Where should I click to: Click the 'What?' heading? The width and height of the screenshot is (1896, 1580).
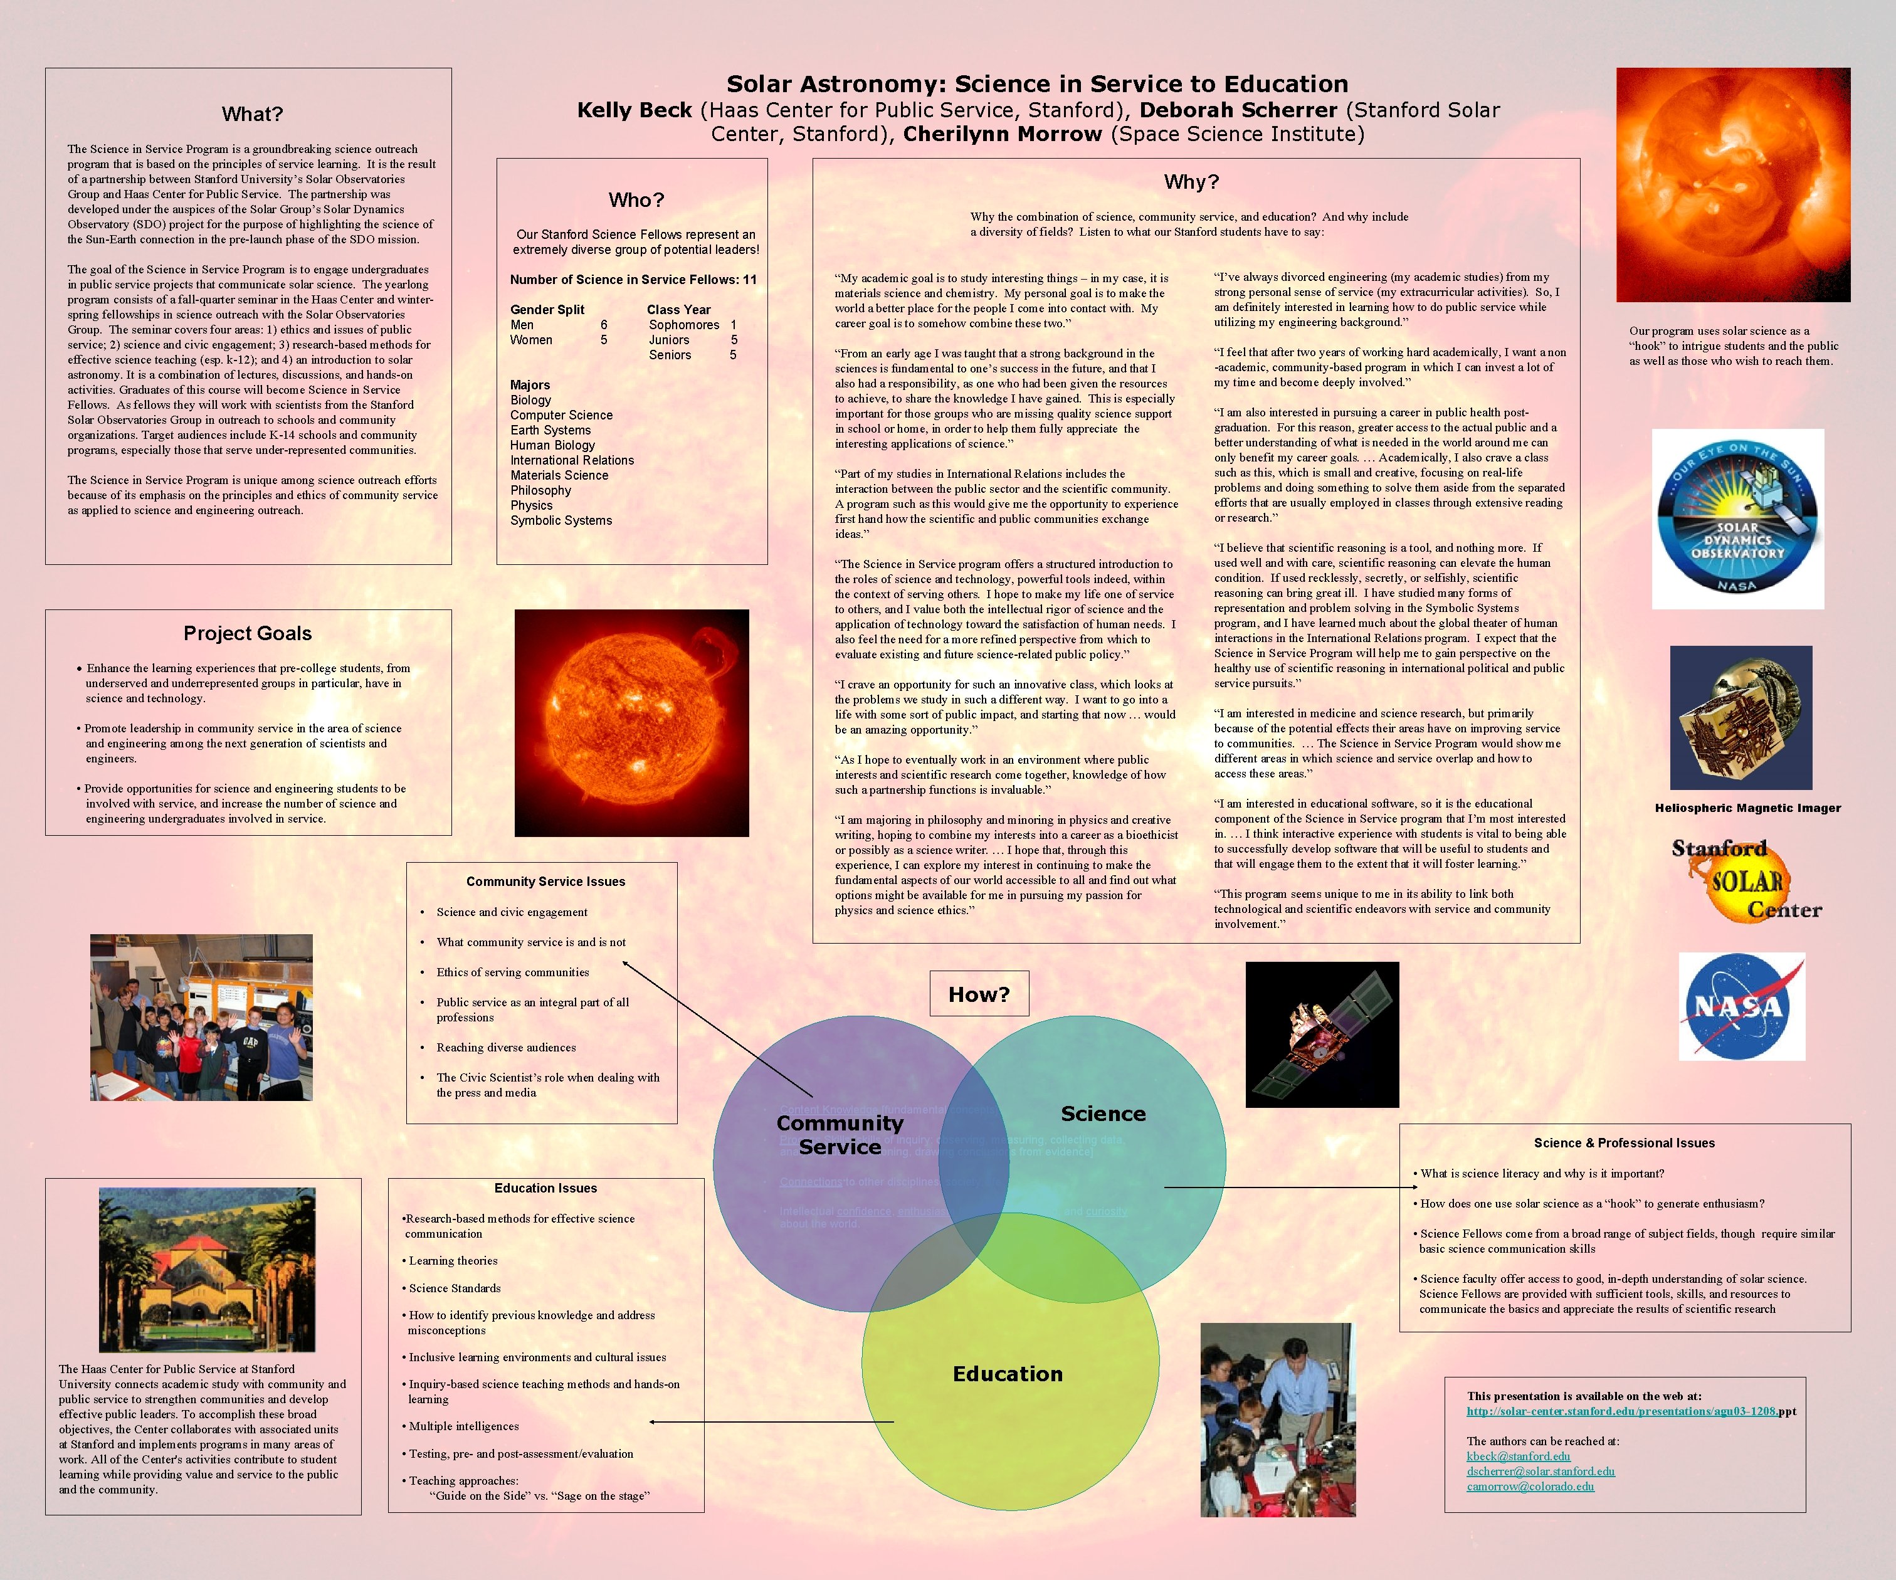252,113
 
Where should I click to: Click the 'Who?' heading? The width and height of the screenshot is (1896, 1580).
636,199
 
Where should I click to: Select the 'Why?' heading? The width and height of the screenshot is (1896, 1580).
1191,181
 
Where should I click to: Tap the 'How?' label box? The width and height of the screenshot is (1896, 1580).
979,994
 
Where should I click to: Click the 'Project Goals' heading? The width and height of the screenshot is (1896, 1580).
248,633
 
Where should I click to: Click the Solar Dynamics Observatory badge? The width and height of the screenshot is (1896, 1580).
1737,519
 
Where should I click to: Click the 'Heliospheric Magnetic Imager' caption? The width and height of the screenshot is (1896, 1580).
1748,808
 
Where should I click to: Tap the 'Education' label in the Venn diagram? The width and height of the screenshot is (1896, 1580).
1008,1373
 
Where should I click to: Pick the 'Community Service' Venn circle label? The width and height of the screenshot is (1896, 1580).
840,1135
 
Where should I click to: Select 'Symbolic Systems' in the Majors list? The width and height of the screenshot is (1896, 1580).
561,520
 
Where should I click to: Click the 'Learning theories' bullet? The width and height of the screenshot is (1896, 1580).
453,1260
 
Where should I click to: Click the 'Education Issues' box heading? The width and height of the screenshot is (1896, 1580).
545,1188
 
